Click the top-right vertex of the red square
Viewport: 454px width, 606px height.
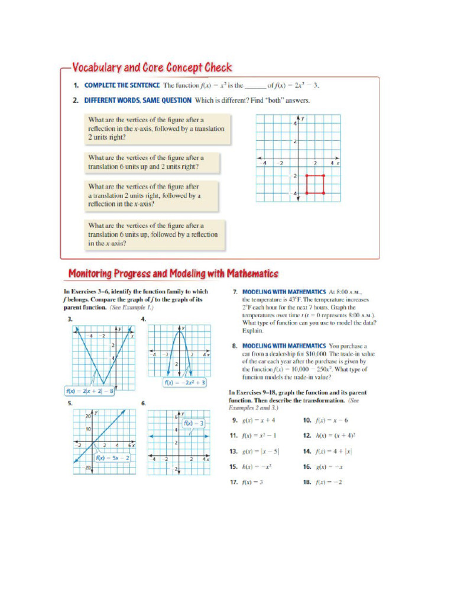click(325, 176)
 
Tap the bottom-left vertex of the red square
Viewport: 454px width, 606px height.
click(307, 193)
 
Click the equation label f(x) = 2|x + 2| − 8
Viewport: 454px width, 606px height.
click(90, 391)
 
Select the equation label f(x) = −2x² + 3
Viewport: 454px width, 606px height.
click(185, 382)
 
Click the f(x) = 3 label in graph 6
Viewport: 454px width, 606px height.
click(193, 423)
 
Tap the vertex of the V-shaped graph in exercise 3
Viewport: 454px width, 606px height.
click(104, 383)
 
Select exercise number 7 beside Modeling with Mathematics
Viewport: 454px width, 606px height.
click(235, 292)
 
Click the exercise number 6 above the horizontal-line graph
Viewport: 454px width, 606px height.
click(143, 403)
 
